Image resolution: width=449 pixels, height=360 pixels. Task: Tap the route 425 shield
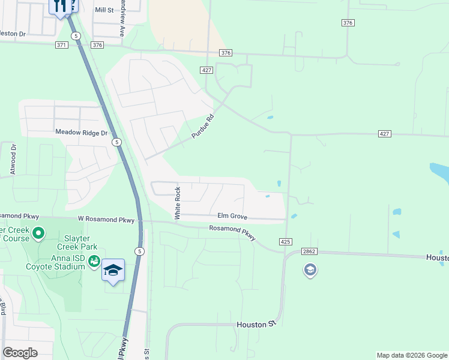click(285, 241)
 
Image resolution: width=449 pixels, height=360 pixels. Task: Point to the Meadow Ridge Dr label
click(81, 132)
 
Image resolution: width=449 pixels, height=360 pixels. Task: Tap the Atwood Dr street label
click(13, 159)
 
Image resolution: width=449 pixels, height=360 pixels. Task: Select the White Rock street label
click(178, 203)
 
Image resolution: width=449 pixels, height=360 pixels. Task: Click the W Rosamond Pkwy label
click(106, 220)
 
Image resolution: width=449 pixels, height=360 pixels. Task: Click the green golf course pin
click(39, 232)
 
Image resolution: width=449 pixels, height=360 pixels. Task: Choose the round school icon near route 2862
click(310, 271)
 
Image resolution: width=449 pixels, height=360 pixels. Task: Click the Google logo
click(20, 353)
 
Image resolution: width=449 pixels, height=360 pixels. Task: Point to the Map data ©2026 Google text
click(411, 355)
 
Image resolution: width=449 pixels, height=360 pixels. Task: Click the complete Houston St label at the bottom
click(256, 324)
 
